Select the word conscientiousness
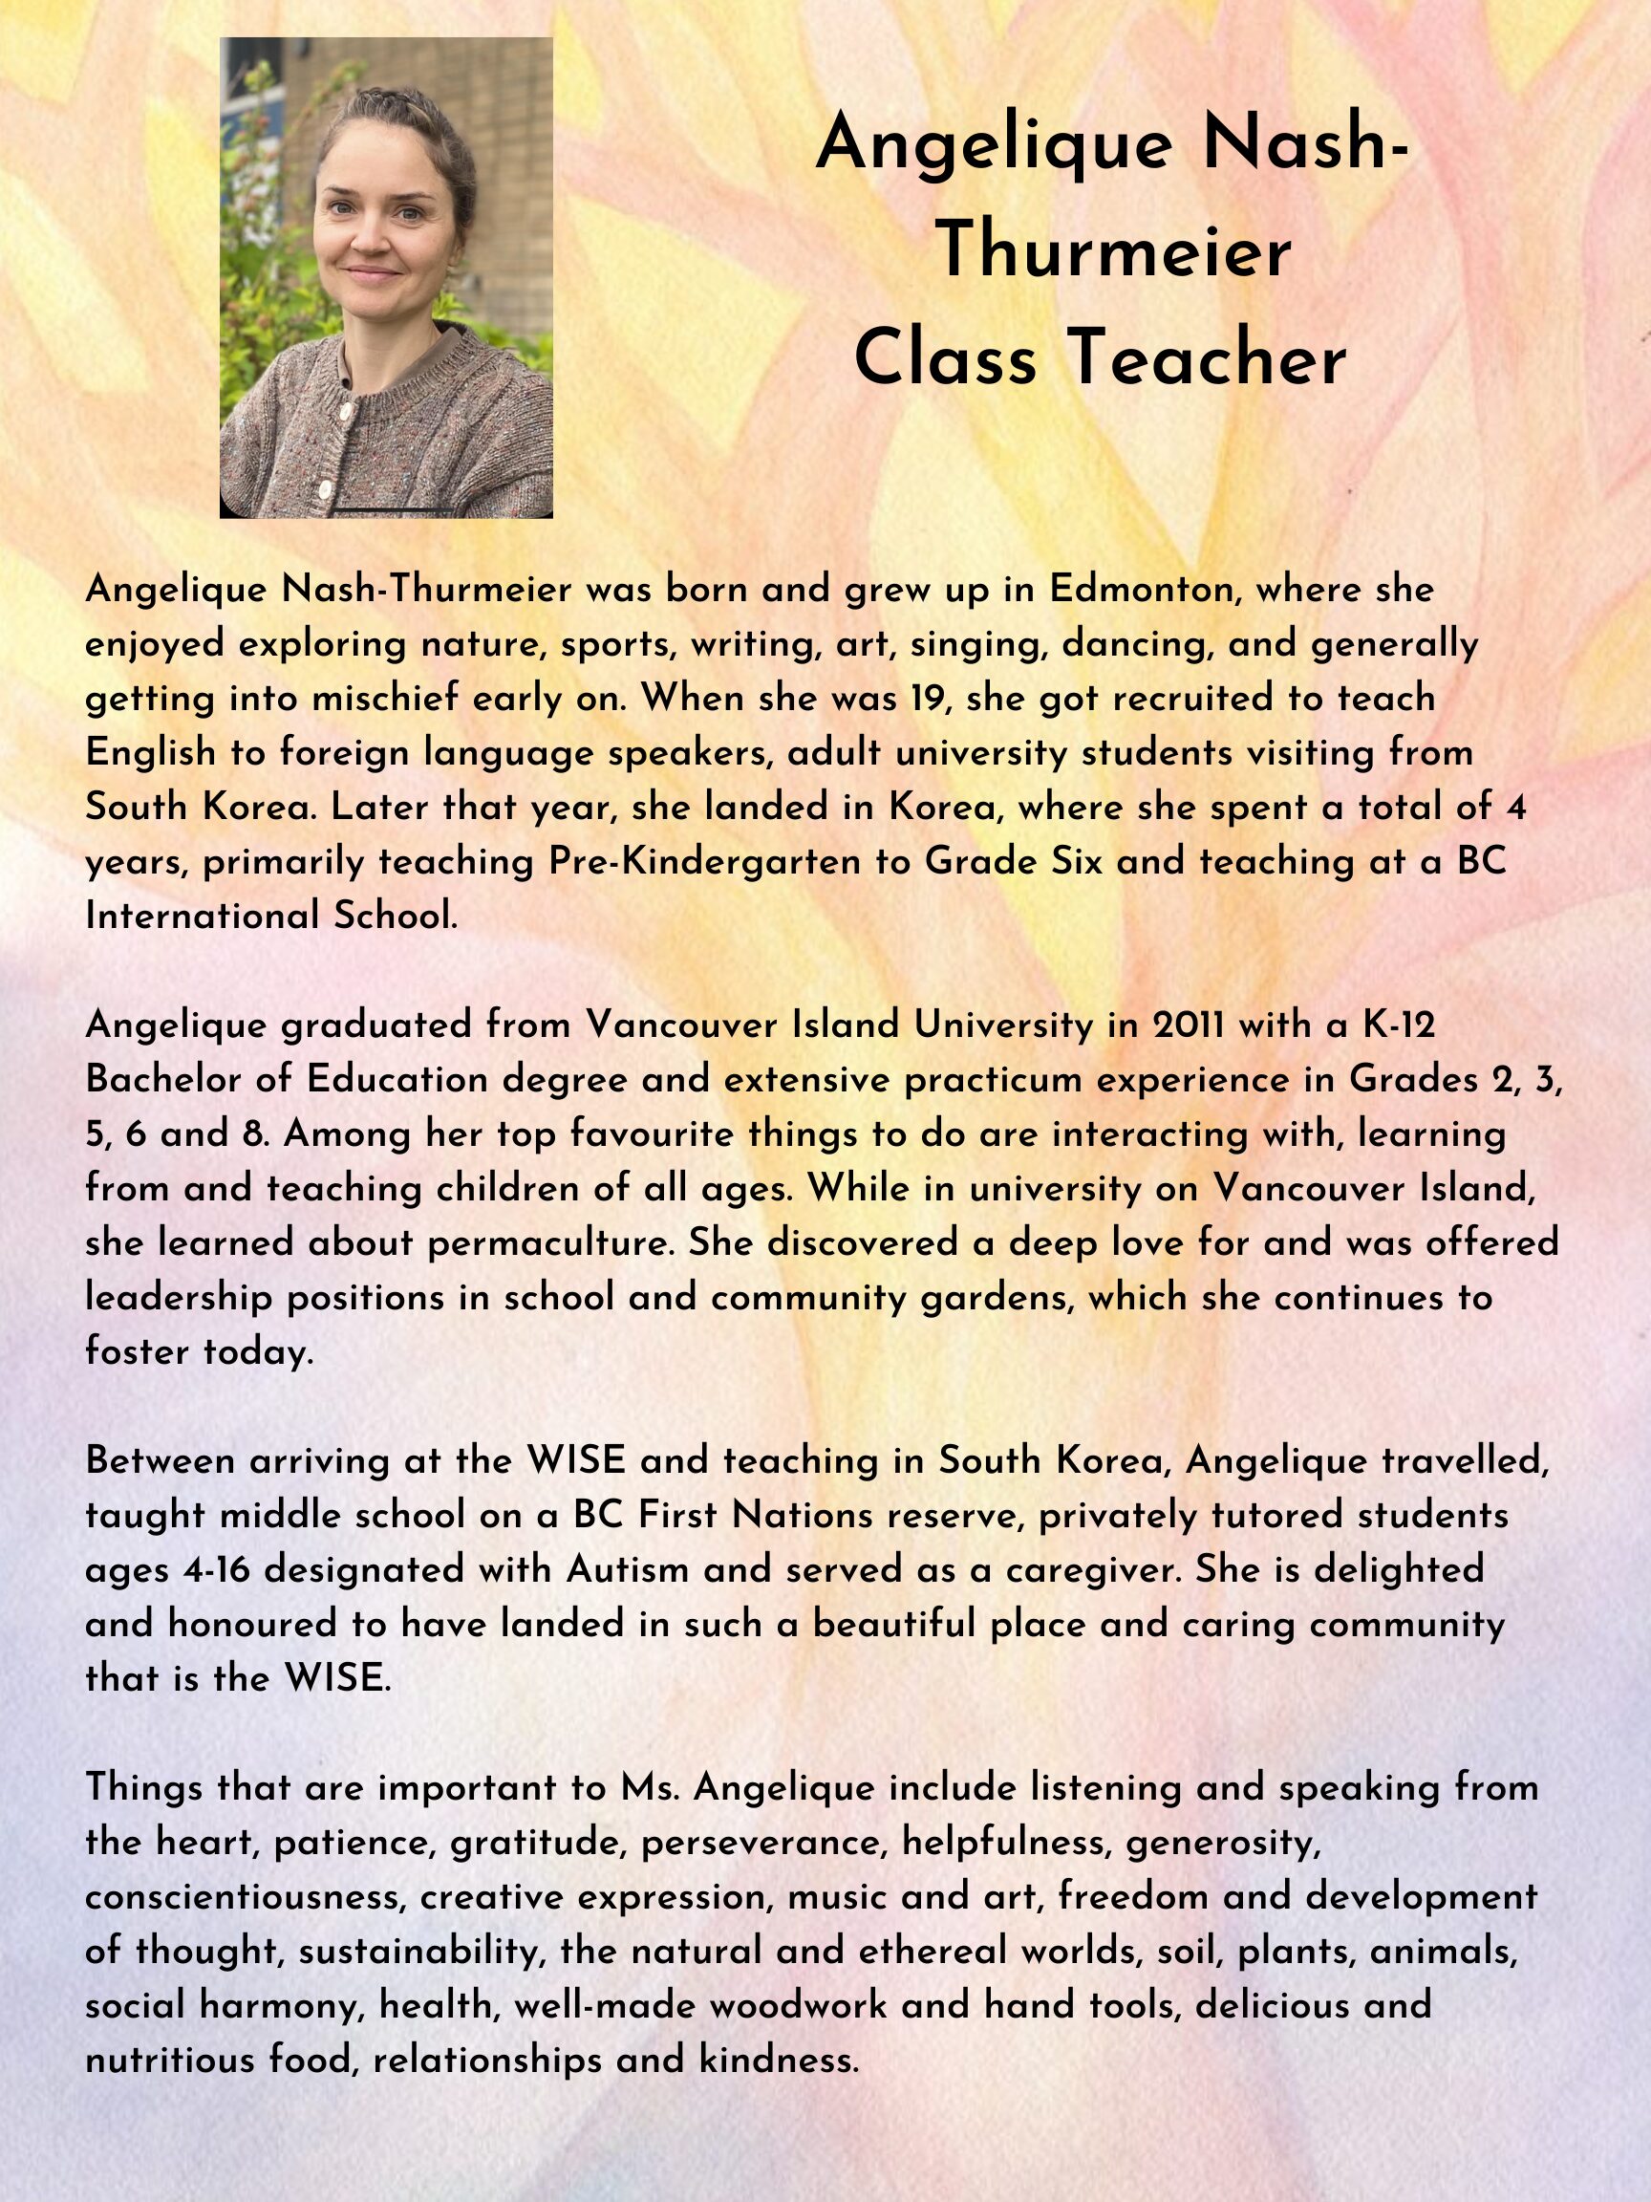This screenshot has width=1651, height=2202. click(x=247, y=1896)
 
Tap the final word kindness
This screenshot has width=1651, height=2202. click(x=779, y=2060)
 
